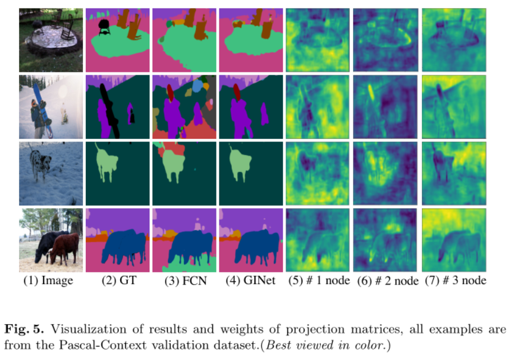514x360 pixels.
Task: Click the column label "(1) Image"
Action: click(49, 281)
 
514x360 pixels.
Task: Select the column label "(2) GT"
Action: click(117, 281)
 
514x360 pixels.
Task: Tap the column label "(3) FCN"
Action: click(183, 281)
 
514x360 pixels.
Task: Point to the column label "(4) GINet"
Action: click(251, 281)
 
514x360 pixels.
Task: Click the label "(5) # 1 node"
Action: click(318, 281)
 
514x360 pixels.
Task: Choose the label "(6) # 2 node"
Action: click(386, 281)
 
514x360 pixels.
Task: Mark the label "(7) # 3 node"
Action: click(455, 281)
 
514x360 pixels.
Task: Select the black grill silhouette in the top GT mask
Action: click(104, 26)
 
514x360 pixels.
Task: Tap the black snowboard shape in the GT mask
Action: click(110, 112)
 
